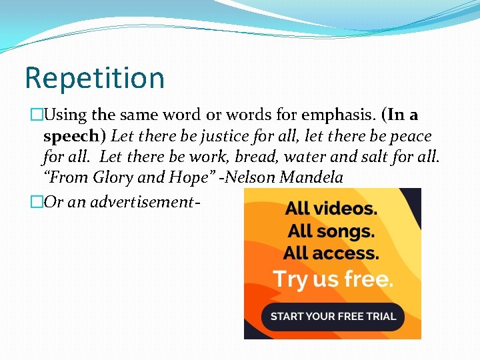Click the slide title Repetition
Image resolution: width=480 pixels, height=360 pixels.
click(94, 78)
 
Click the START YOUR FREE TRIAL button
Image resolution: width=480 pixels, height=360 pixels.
click(333, 316)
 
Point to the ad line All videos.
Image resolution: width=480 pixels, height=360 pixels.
click(331, 208)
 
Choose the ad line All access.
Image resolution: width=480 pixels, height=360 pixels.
click(331, 253)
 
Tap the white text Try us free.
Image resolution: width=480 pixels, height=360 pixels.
click(333, 279)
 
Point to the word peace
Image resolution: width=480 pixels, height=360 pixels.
click(409, 137)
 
